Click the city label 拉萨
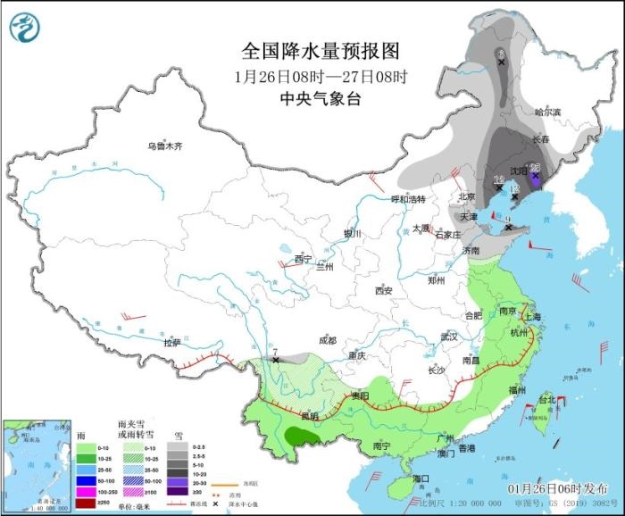[172, 342]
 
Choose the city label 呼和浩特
[412, 199]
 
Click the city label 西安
[384, 290]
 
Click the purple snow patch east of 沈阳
[535, 176]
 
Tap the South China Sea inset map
[37, 465]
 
